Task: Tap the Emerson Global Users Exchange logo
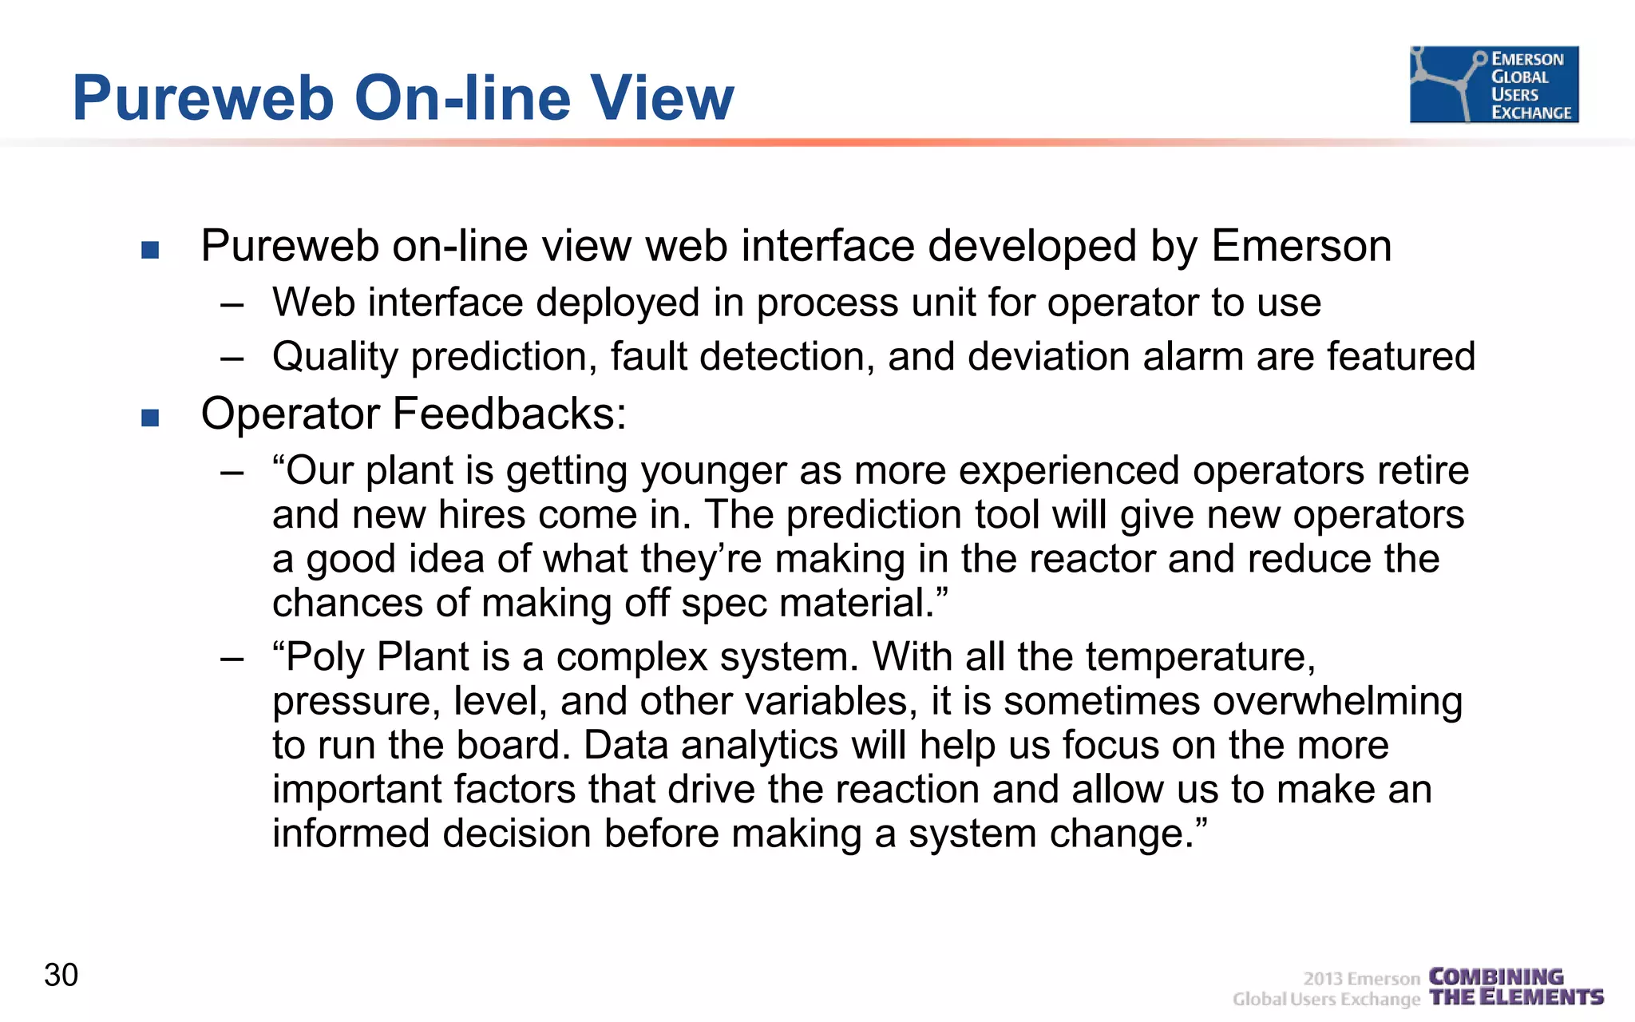[x=1494, y=85]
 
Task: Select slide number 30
[x=61, y=975]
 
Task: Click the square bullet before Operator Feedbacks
[x=150, y=418]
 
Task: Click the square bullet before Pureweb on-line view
[x=150, y=250]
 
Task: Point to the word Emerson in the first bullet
[x=1301, y=246]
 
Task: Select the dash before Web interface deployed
[x=232, y=305]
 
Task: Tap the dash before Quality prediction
[x=232, y=358]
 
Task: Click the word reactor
[x=1091, y=559]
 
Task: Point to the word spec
[x=725, y=603]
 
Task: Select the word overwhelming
[x=1337, y=702]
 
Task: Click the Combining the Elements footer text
[x=1515, y=987]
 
